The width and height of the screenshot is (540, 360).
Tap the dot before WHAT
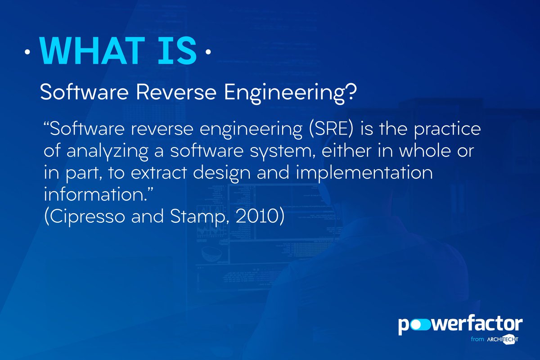28,53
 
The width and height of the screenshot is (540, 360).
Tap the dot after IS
207,53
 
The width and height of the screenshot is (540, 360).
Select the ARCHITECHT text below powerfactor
501,340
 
